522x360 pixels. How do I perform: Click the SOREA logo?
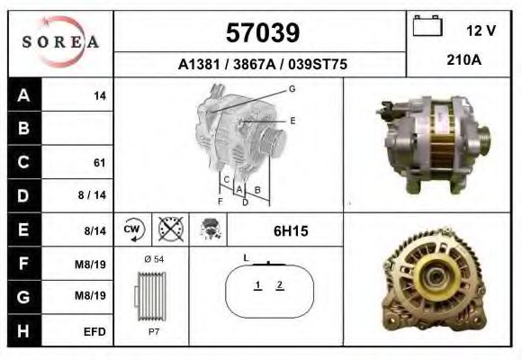pos(59,42)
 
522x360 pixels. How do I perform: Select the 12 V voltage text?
pos(481,31)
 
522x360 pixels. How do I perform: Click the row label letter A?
pos(23,95)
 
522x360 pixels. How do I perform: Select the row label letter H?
pos(23,331)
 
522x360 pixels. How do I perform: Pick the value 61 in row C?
pos(99,163)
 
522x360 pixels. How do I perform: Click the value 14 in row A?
pos(100,95)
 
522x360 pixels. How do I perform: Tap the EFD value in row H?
pos(96,331)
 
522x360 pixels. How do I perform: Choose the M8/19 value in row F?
pos(93,264)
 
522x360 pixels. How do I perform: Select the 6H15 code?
pos(290,231)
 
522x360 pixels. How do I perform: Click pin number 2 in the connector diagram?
pos(280,285)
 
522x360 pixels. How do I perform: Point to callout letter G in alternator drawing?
pos(292,88)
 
